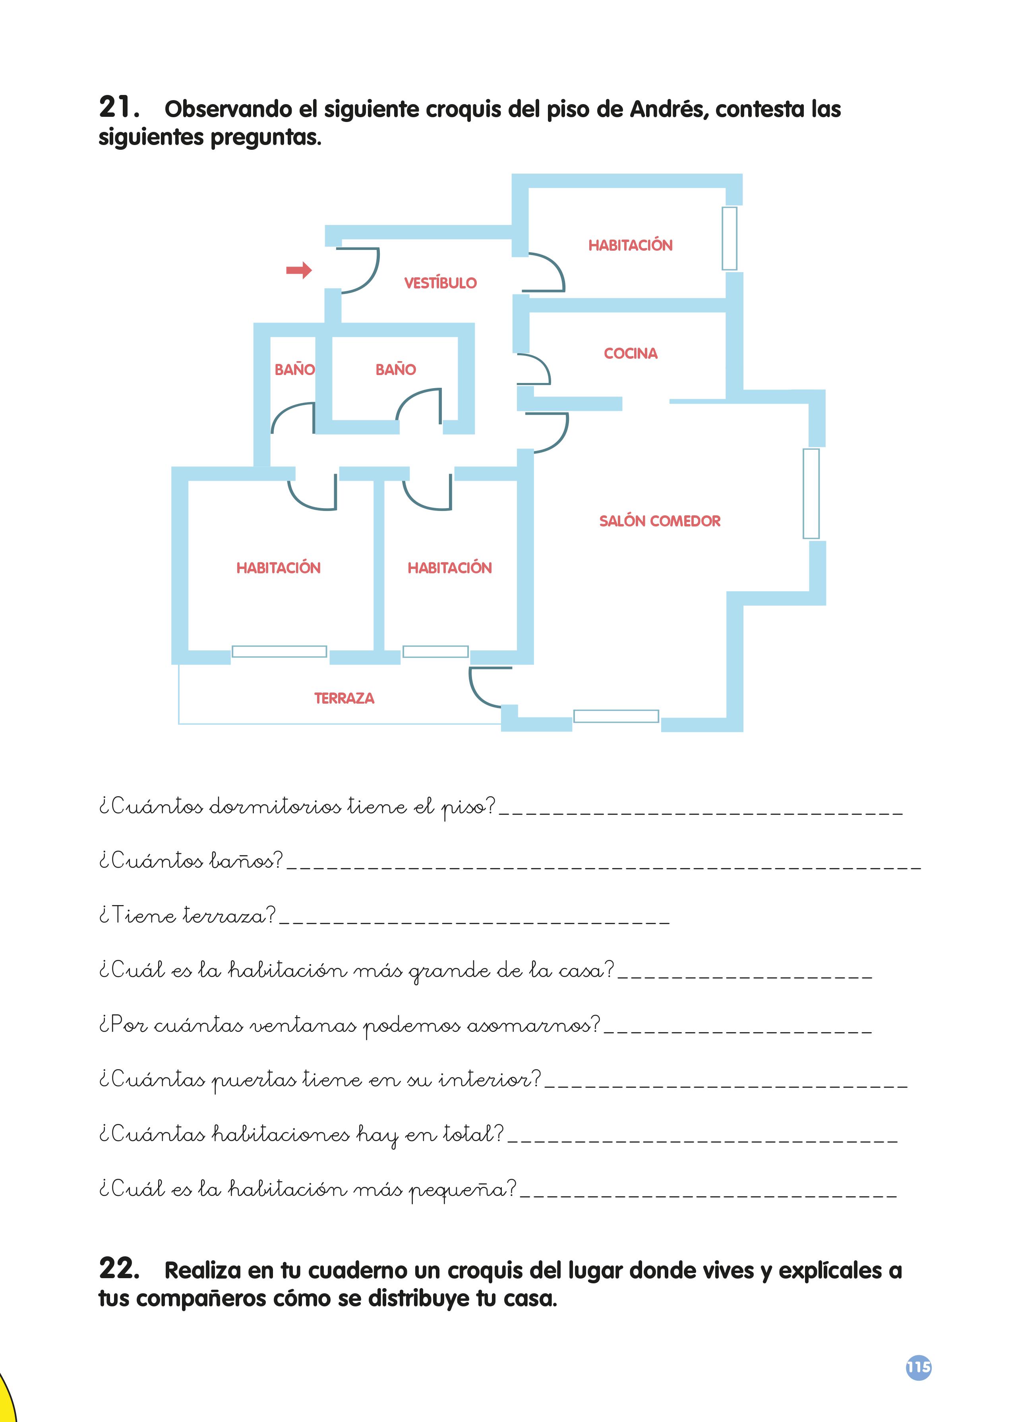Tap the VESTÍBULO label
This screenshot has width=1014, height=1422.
point(440,283)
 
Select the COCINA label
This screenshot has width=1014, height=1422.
point(631,353)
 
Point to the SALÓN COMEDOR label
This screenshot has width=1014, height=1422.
point(660,520)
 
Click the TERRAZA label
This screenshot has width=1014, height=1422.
point(344,698)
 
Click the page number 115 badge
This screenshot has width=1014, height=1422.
point(919,1368)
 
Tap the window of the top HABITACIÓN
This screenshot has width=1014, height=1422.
point(729,238)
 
